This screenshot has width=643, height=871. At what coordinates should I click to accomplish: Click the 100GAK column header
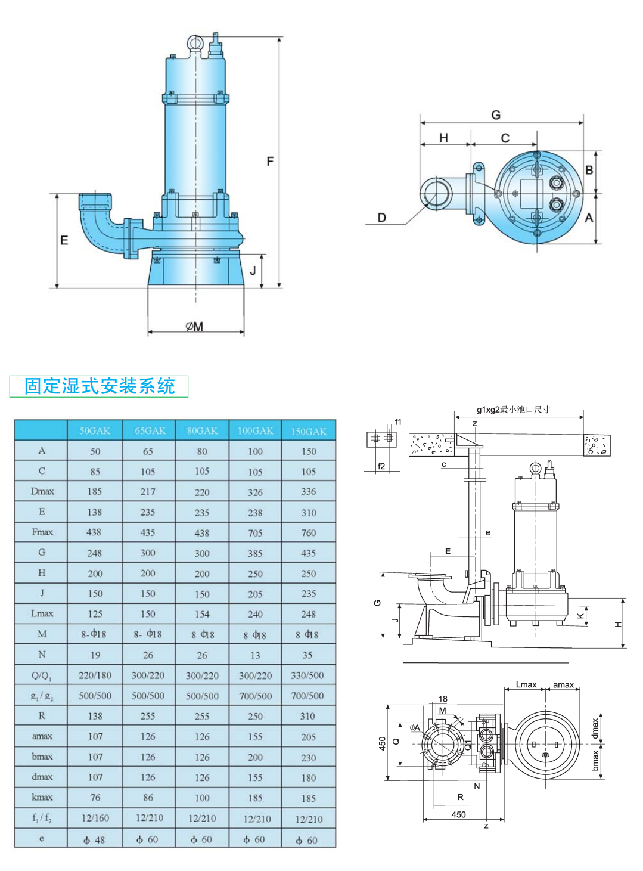point(255,430)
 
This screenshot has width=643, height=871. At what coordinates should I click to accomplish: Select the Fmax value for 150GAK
point(308,532)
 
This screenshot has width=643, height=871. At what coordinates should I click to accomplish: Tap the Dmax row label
point(42,491)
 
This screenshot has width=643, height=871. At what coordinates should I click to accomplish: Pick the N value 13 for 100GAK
point(255,655)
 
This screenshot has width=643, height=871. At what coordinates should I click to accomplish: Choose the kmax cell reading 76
point(95,798)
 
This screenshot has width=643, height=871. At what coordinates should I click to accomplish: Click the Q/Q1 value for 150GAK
point(307,675)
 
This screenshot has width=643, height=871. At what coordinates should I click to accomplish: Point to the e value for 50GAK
point(95,839)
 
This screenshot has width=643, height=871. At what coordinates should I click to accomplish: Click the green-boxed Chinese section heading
point(99,386)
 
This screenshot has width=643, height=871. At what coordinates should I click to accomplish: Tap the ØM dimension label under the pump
point(194,327)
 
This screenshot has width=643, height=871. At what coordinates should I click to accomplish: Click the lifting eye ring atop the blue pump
point(195,42)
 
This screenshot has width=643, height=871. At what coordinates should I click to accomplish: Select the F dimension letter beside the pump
point(270,162)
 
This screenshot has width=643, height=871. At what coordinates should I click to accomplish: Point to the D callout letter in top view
point(382,218)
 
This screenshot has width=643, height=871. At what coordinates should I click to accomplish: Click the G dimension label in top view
point(496,115)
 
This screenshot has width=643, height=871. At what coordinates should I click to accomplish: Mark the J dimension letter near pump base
point(253,271)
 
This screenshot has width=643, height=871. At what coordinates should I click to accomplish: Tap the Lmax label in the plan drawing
point(526,684)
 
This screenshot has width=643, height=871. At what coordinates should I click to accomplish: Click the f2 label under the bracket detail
point(381,466)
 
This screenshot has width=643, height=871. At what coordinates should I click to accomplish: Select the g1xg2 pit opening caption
point(512,409)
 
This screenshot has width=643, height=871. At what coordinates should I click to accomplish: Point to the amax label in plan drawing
point(563,684)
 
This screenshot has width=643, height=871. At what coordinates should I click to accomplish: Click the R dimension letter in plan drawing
point(460,796)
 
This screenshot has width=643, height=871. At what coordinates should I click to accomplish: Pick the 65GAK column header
point(150,430)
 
